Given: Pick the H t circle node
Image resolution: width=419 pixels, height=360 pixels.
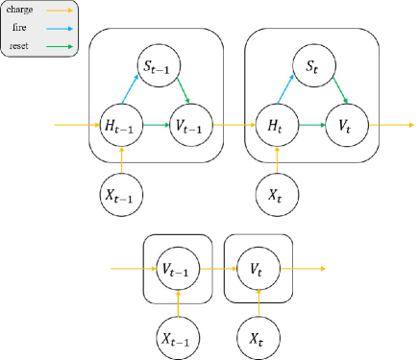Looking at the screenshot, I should click(276, 126).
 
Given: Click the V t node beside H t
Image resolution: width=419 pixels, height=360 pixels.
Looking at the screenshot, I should click(346, 126).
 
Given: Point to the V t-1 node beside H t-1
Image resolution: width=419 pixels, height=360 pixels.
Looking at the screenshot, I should click(189, 126).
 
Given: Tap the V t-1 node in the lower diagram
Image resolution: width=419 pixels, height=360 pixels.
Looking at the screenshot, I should click(178, 269).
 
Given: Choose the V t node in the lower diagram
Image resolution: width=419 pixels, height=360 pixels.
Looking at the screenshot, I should click(257, 269).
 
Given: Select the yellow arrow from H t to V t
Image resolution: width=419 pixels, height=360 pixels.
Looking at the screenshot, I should click(310, 126).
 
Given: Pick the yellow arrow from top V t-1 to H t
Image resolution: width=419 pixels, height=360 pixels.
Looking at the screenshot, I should click(233, 126).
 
